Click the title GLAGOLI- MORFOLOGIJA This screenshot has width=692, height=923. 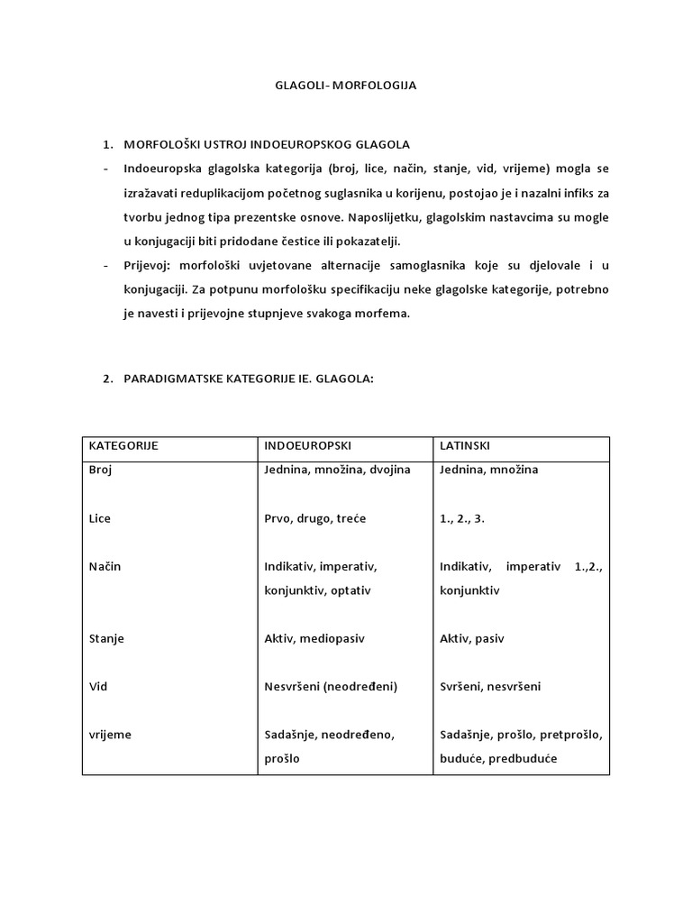[x=345, y=87]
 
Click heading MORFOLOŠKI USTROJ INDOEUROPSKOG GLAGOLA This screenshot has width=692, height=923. [x=267, y=144]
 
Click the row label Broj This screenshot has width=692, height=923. [x=100, y=470]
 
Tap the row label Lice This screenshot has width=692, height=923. [x=99, y=518]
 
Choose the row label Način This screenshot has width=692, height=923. [x=104, y=567]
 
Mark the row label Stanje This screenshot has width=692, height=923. [x=106, y=638]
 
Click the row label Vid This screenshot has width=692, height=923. [x=97, y=687]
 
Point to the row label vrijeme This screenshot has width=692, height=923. [x=109, y=735]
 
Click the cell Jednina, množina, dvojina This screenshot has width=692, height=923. [x=337, y=470]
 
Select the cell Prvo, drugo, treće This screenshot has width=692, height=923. [x=315, y=518]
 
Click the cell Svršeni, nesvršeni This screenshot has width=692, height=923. [x=491, y=687]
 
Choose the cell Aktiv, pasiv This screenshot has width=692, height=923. [x=472, y=638]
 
